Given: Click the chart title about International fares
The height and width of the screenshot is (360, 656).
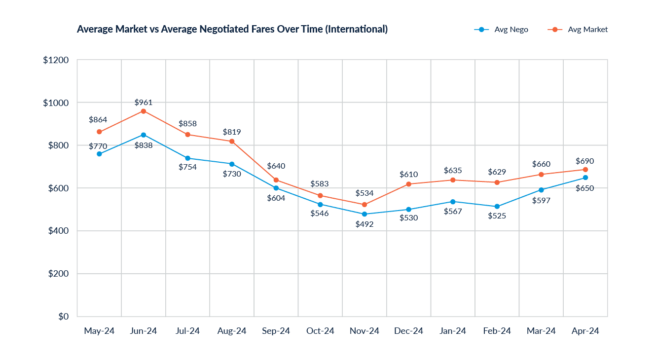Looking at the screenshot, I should [232, 30].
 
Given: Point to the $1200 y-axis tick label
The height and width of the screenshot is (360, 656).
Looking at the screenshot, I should [55, 60].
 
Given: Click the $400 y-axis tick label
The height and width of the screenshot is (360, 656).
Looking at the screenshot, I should [58, 231].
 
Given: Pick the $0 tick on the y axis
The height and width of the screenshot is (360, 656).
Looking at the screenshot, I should [63, 316].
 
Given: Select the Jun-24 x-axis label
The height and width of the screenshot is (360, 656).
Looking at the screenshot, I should [143, 331].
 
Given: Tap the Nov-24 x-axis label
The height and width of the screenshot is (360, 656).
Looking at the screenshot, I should [364, 331].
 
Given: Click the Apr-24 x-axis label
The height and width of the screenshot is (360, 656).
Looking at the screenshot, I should [585, 331].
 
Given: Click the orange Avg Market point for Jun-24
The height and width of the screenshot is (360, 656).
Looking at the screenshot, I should [143, 111].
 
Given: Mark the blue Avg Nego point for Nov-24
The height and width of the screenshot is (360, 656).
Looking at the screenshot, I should [364, 214].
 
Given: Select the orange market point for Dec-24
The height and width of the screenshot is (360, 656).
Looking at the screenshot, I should [408, 184].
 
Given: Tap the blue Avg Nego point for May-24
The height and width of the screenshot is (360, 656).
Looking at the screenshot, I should [99, 154].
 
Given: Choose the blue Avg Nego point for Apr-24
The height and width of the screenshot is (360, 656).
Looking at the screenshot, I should [585, 178].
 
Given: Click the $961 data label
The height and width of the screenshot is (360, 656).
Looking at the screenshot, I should [143, 103].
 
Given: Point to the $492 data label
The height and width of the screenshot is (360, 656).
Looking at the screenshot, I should [364, 224].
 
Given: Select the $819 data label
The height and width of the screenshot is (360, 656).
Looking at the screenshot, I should [231, 132].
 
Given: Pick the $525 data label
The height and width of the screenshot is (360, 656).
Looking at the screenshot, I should [497, 216].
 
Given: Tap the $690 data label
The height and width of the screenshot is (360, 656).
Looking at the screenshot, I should [585, 161].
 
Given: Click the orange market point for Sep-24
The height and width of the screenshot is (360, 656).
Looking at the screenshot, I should [276, 180].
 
